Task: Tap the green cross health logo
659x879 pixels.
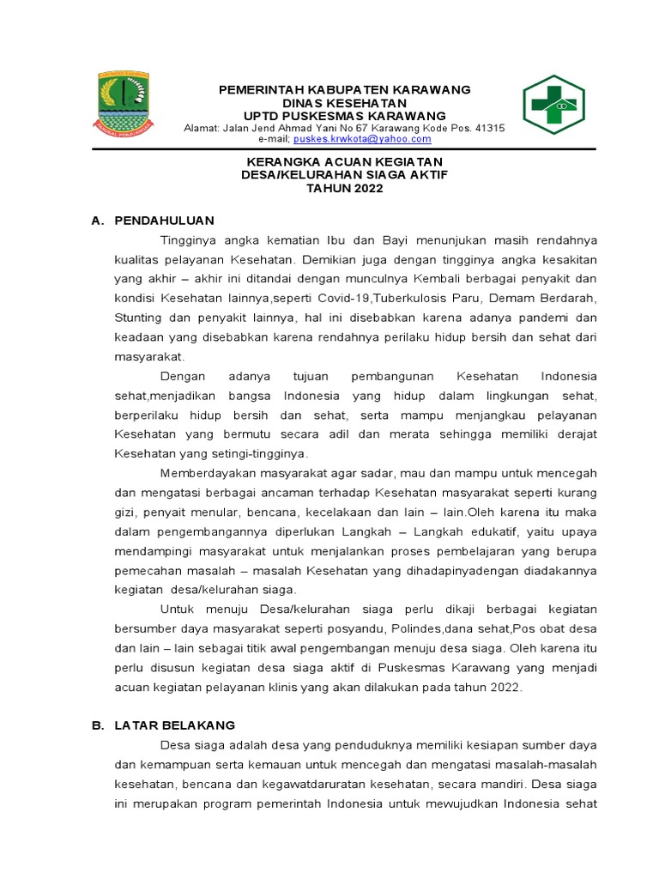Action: pyautogui.click(x=554, y=104)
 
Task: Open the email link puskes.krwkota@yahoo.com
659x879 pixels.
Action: pyautogui.click(x=362, y=139)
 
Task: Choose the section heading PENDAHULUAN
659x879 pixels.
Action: pyautogui.click(x=164, y=221)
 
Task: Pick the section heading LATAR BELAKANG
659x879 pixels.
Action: pyautogui.click(x=175, y=725)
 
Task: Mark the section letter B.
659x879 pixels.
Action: pyautogui.click(x=97, y=725)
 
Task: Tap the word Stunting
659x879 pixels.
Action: pyautogui.click(x=139, y=318)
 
